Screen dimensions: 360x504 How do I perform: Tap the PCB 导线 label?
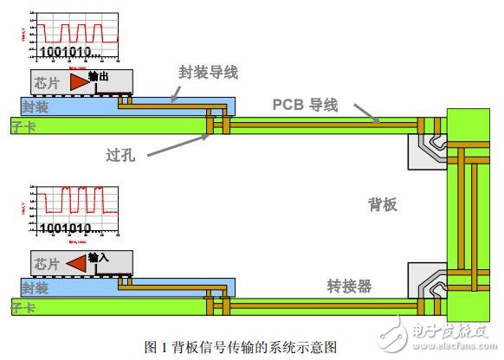coord(305,105)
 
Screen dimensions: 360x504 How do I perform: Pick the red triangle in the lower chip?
coord(76,262)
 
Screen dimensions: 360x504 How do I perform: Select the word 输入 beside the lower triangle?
coord(99,257)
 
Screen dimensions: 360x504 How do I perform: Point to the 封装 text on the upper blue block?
coord(36,108)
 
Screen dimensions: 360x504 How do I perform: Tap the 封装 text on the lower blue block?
coord(36,287)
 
